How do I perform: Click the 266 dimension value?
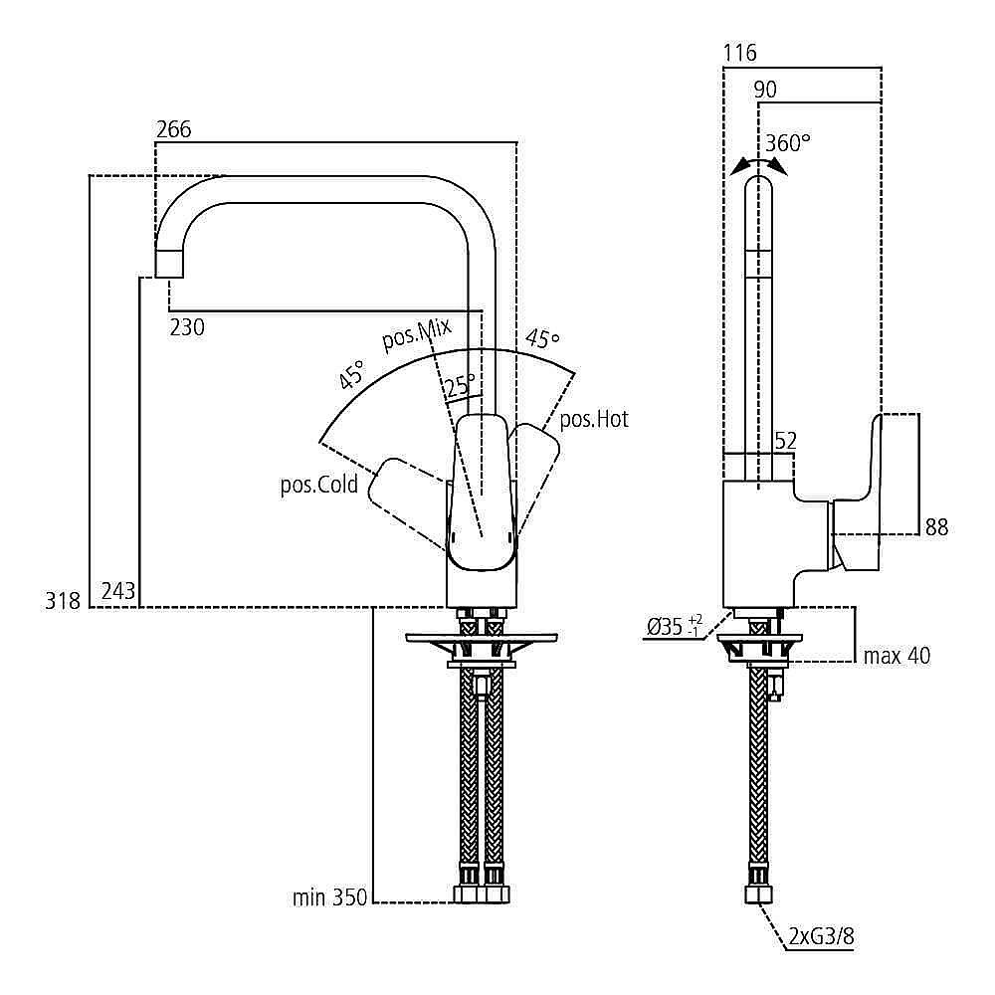173,129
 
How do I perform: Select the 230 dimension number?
187,326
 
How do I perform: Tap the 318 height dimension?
62,600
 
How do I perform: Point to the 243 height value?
118,591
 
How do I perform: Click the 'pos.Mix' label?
416,335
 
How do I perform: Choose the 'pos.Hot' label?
594,420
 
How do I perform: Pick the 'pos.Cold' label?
318,487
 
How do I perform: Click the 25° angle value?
460,385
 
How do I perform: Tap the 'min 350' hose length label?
329,898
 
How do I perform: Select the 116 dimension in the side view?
740,53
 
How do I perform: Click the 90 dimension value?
765,90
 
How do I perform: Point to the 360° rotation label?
788,143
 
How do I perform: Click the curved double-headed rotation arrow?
757,165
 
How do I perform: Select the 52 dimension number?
785,441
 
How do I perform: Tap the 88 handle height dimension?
936,527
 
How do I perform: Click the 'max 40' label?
896,656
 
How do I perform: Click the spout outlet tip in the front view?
170,263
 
